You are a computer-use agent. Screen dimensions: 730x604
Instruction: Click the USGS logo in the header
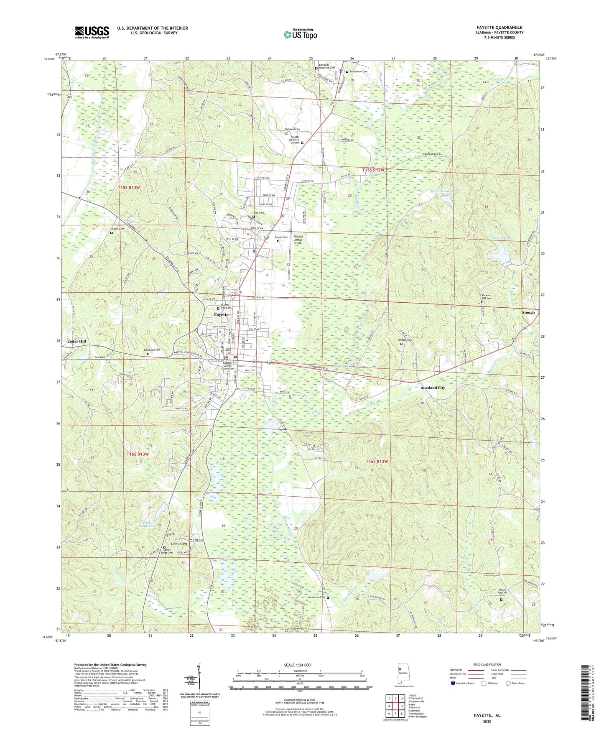click(x=92, y=32)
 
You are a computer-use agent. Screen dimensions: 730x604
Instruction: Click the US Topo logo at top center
click(x=300, y=35)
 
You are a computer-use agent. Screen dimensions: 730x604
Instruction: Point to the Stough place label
click(x=528, y=312)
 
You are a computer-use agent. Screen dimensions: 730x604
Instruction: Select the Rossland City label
click(x=433, y=388)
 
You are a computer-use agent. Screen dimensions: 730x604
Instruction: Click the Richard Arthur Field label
click(x=298, y=240)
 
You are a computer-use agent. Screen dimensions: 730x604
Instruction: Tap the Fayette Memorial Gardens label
click(x=295, y=140)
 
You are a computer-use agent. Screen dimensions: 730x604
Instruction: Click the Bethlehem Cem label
click(x=358, y=71)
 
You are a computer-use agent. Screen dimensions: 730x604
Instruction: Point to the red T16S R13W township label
click(x=138, y=454)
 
